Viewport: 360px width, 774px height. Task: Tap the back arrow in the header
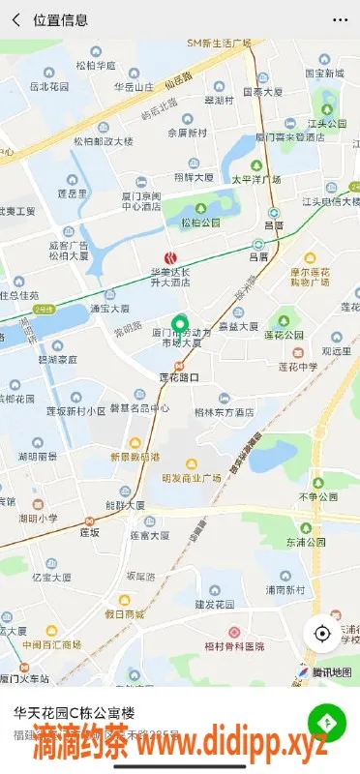point(15,19)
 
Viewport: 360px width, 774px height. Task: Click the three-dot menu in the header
point(340,19)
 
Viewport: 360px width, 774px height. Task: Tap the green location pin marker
point(178,327)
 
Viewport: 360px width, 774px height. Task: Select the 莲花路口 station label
point(178,377)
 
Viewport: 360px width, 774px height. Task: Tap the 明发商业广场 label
point(193,477)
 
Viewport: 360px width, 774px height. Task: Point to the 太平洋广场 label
point(255,180)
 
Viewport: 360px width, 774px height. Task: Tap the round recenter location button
point(322,634)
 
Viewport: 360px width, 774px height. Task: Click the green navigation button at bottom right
point(327,723)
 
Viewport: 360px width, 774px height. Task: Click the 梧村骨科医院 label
point(234,645)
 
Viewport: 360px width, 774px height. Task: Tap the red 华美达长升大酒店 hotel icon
point(171,257)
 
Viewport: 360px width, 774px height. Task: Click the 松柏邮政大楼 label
point(103,141)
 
